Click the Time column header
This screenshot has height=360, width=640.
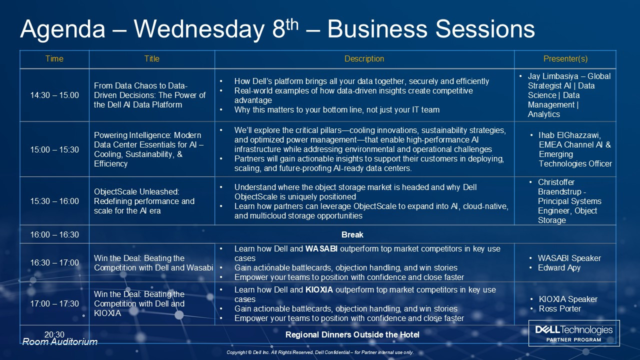click(x=54, y=59)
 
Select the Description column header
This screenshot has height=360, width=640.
click(x=364, y=59)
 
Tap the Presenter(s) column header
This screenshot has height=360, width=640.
click(x=565, y=59)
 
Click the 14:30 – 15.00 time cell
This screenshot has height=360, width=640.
click(x=54, y=95)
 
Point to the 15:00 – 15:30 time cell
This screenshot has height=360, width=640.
click(x=54, y=149)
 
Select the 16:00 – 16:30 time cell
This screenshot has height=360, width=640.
click(x=54, y=234)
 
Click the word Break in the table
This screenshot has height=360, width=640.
click(x=352, y=235)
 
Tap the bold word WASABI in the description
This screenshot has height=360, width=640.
click(x=321, y=249)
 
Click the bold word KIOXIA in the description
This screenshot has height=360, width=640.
click(x=319, y=289)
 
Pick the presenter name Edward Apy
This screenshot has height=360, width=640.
click(x=559, y=268)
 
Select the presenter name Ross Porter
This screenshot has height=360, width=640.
click(x=559, y=309)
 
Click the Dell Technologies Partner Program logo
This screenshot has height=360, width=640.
click(x=574, y=333)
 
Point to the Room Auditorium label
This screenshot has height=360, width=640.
click(x=59, y=341)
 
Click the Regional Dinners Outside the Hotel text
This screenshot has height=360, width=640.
click(x=352, y=335)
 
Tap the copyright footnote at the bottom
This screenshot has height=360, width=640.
click(x=320, y=352)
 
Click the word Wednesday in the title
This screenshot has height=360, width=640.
click(x=199, y=29)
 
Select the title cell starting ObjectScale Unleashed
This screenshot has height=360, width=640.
click(x=144, y=201)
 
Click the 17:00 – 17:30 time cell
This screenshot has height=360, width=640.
click(x=54, y=303)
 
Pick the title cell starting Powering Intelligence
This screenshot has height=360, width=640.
click(x=148, y=149)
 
